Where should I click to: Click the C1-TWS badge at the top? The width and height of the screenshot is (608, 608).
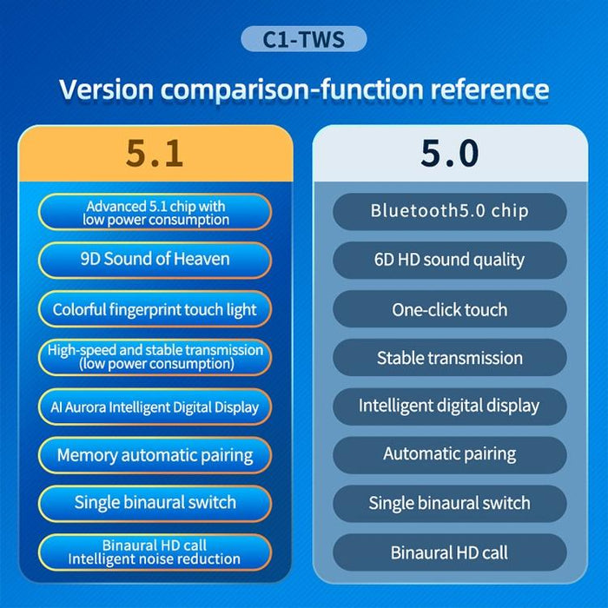click(x=303, y=39)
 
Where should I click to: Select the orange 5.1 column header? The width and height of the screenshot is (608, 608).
click(x=155, y=153)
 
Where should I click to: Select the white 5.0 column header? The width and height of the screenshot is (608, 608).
click(x=449, y=153)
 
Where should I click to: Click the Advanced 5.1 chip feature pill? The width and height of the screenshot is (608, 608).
click(x=155, y=213)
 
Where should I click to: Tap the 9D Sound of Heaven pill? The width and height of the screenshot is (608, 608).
click(x=155, y=260)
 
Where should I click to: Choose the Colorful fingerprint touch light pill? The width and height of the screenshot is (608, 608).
click(x=155, y=309)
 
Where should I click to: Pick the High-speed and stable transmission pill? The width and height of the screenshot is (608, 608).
click(x=155, y=357)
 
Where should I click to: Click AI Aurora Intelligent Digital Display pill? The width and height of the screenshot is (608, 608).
click(x=155, y=406)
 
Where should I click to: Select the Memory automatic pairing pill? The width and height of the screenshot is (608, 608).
click(x=155, y=455)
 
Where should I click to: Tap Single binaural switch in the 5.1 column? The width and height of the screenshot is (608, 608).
click(x=155, y=503)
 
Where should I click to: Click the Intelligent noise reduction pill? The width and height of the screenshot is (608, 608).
click(x=155, y=552)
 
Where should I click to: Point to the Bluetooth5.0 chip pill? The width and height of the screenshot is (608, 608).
click(x=449, y=211)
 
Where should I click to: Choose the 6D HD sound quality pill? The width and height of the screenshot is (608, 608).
click(x=449, y=260)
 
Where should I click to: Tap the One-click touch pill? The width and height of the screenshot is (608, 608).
click(x=449, y=309)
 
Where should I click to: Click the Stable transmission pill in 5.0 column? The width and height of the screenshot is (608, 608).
click(x=449, y=357)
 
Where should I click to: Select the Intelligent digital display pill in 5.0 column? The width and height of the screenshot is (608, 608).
click(x=449, y=406)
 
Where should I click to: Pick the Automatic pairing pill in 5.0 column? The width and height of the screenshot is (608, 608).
click(x=449, y=454)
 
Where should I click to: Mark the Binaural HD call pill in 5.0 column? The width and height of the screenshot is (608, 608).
click(x=449, y=552)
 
